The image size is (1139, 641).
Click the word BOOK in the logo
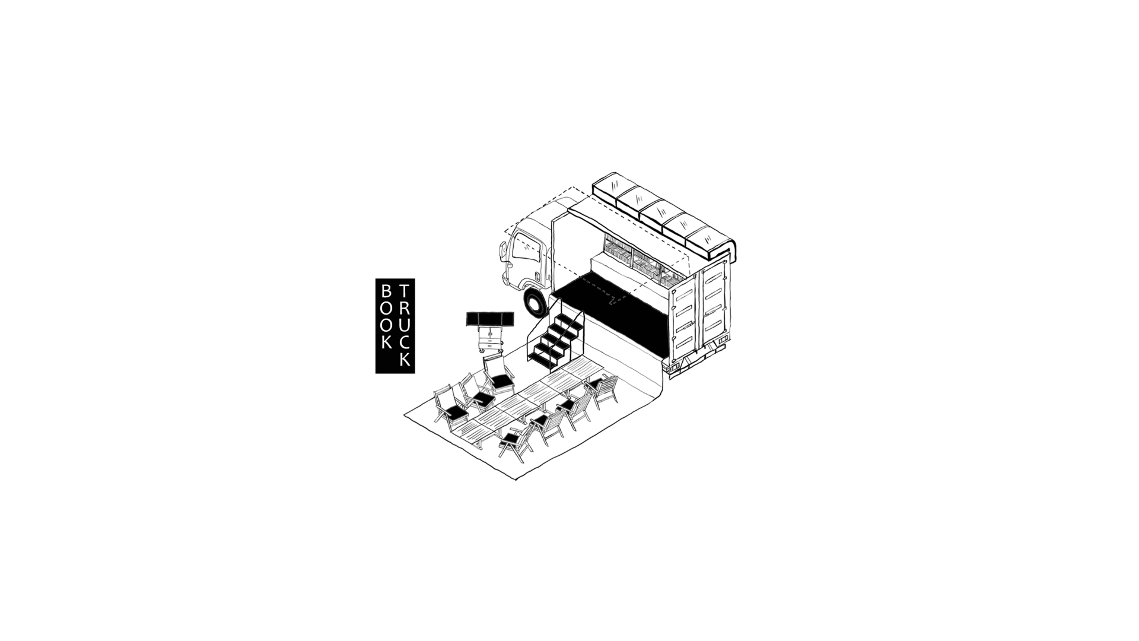pos(387,316)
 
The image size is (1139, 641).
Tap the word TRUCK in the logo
pos(405,325)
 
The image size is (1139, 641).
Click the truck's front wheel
pos(537,302)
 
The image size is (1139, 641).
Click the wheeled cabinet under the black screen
pos(491,341)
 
